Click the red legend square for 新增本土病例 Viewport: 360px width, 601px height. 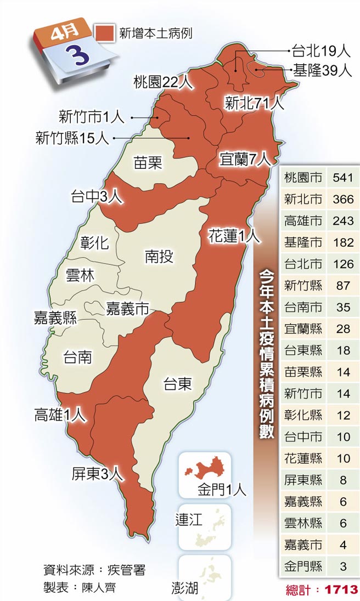click(105, 32)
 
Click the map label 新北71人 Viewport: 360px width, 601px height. click(254, 102)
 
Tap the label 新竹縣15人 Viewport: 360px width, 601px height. click(72, 138)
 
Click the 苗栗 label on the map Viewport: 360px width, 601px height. click(148, 162)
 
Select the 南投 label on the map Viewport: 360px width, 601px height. click(160, 256)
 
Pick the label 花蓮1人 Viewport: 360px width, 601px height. click(234, 237)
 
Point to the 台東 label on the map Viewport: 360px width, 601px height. click(178, 384)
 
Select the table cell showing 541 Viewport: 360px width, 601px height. click(343, 178)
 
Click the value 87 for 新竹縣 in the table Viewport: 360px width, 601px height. click(343, 286)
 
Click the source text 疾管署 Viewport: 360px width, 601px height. click(127, 570)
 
